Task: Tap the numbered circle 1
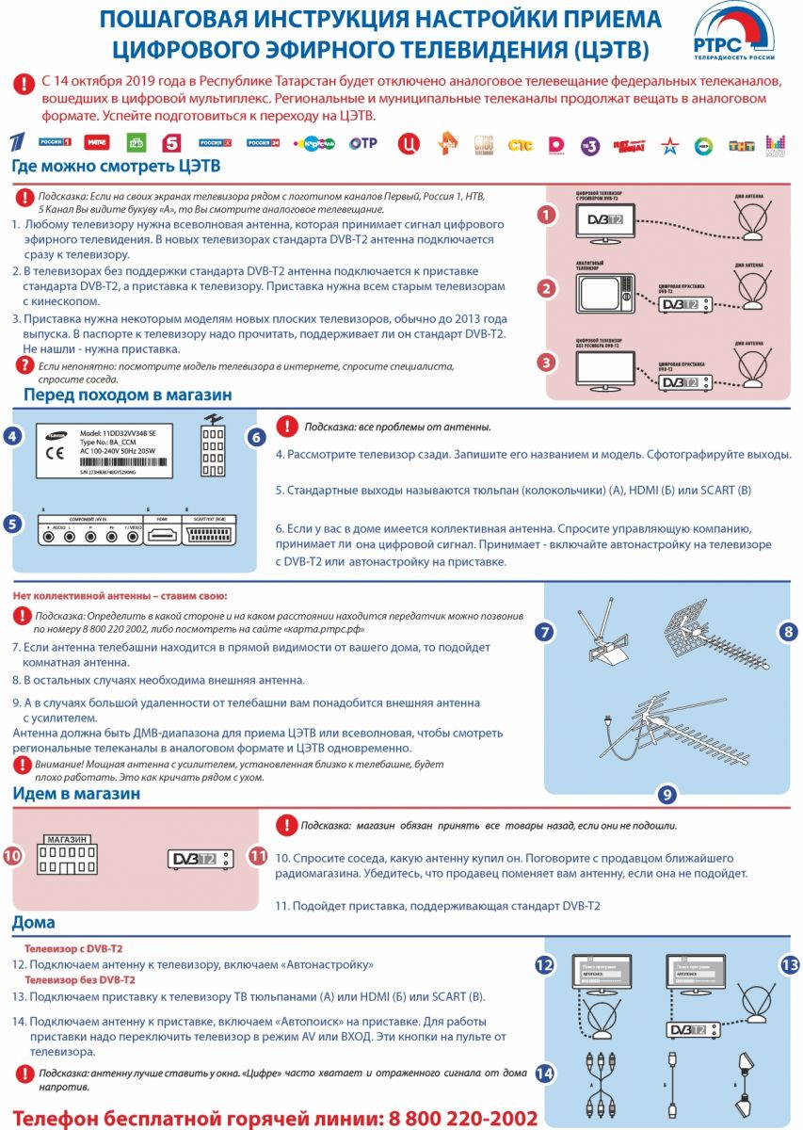[x=545, y=215]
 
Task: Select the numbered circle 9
[x=666, y=794]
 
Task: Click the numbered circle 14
[x=544, y=1073]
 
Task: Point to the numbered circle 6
[x=256, y=437]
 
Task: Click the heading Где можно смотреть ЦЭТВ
[x=116, y=167]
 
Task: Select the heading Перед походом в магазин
[x=127, y=395]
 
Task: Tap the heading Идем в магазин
[x=76, y=793]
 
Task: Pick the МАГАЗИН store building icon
[x=65, y=853]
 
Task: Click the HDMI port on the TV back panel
[x=161, y=535]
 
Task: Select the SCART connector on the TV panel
[x=213, y=534]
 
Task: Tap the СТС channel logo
[x=520, y=144]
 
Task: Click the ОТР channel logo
[x=363, y=143]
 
